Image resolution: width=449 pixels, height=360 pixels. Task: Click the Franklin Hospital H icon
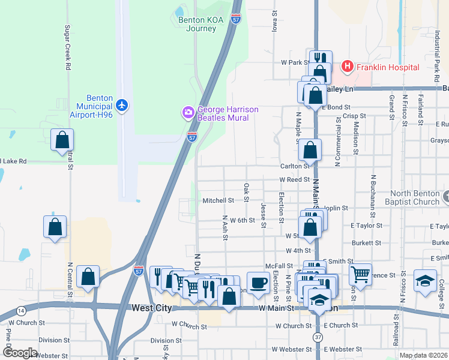347,67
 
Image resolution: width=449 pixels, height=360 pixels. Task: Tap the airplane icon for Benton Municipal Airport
122,106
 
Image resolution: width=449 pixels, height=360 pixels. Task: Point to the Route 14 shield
22,310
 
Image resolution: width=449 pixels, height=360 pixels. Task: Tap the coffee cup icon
258,281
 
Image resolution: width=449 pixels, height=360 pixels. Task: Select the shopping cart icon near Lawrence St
360,274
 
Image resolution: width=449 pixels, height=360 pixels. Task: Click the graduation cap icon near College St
425,280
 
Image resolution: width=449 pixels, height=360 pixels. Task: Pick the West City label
151,308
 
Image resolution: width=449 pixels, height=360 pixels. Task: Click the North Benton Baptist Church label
415,197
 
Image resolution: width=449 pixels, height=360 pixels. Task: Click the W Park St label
295,62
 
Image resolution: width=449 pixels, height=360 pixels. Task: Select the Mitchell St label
218,200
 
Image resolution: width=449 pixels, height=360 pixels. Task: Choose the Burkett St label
366,243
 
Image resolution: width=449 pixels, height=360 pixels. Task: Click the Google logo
20,352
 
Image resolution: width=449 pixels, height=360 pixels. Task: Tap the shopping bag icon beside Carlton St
310,150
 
